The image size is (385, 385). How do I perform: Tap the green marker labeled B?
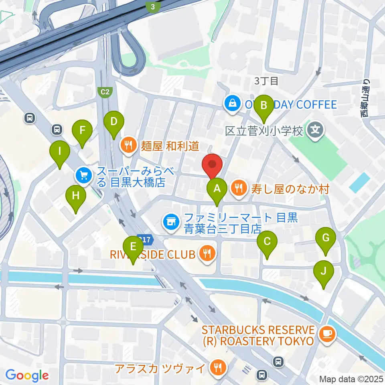(264, 106)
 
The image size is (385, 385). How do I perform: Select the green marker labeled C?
(267, 242)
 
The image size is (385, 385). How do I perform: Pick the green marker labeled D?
(113, 121)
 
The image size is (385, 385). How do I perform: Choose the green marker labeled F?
(82, 131)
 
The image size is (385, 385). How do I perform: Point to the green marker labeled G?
(326, 239)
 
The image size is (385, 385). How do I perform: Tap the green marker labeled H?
(76, 196)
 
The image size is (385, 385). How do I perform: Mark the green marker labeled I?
(60, 152)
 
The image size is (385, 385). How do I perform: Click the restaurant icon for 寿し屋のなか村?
(239, 187)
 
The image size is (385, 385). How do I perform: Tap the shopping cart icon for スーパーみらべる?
(83, 174)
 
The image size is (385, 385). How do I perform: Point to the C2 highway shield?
(105, 92)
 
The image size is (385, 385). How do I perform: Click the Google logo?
(27, 375)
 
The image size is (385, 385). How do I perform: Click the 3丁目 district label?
(266, 81)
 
